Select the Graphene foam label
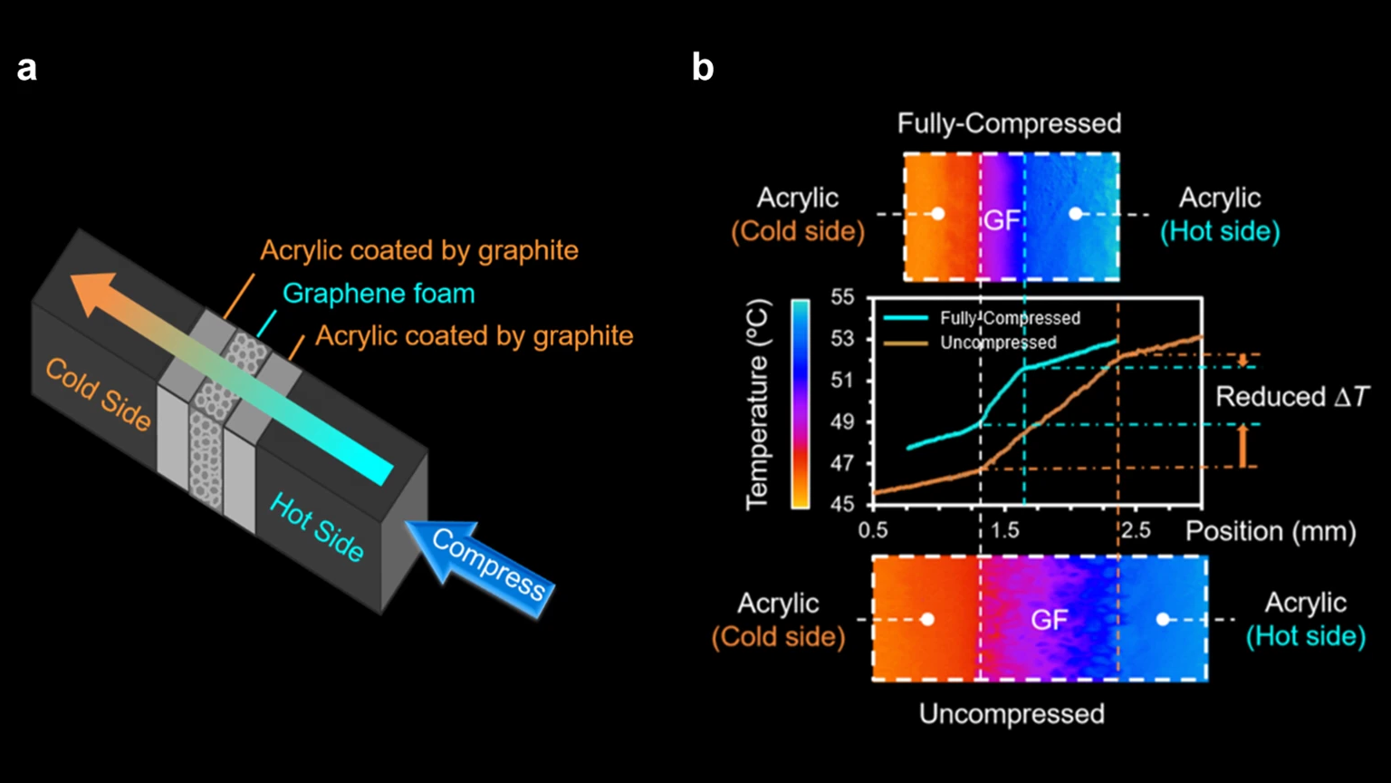pyautogui.click(x=379, y=294)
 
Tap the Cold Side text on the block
pyautogui.click(x=98, y=393)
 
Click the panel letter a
pyautogui.click(x=27, y=68)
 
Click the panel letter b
pyautogui.click(x=703, y=68)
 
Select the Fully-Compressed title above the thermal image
pyautogui.click(x=1009, y=123)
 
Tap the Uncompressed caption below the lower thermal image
pyautogui.click(x=1012, y=714)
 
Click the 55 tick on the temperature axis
pyautogui.click(x=842, y=298)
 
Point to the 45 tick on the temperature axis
pyautogui.click(x=842, y=505)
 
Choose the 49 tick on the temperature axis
pyautogui.click(x=842, y=421)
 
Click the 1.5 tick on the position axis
pyautogui.click(x=1004, y=530)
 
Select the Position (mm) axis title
pyautogui.click(x=1271, y=531)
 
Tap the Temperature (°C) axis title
pyautogui.click(x=757, y=405)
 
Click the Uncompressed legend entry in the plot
pyautogui.click(x=997, y=343)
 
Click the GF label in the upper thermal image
pyautogui.click(x=1002, y=219)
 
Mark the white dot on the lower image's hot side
pyautogui.click(x=1163, y=620)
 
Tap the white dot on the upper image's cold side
pyautogui.click(x=938, y=214)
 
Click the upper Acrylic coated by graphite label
pyautogui.click(x=418, y=250)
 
